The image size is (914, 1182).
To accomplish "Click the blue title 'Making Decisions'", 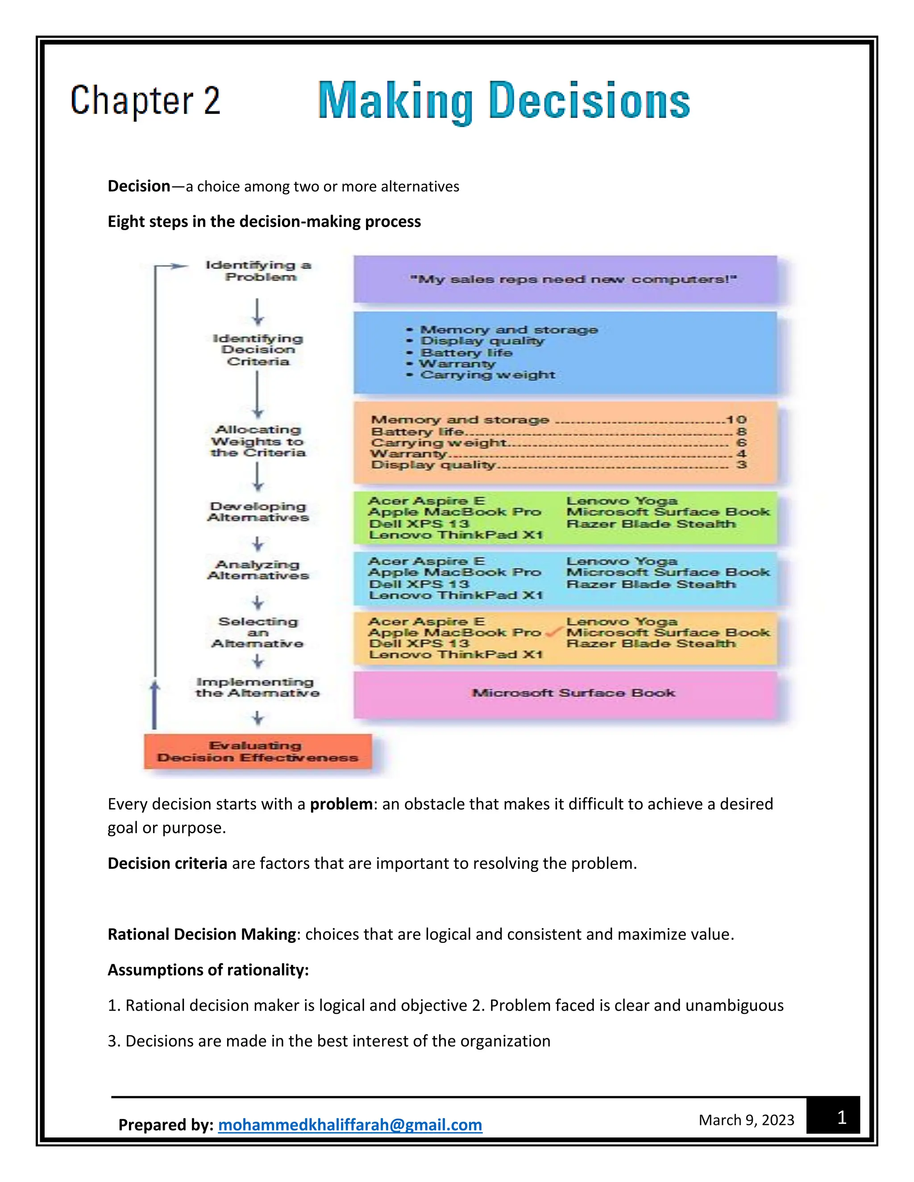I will point(503,102).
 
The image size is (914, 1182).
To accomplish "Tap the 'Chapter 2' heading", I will point(145,101).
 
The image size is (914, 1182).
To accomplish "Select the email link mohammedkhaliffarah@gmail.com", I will point(350,1124).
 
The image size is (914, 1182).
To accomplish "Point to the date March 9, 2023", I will point(746,1119).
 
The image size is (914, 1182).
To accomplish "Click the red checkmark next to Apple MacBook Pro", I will point(553,632).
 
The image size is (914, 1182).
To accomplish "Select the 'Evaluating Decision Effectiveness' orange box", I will point(258,751).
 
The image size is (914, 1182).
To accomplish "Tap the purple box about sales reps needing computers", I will point(565,279).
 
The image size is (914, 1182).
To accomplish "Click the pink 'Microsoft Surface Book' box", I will point(565,693).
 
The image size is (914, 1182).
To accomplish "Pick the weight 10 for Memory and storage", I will point(736,419).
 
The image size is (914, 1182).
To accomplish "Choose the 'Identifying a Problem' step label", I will point(259,271).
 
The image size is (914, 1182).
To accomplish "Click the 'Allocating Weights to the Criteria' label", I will point(258,441).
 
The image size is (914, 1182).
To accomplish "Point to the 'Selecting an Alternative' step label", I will point(258,632).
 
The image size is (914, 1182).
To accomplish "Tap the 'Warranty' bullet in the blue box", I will point(457,364).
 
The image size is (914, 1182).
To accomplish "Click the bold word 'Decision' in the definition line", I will point(139,186).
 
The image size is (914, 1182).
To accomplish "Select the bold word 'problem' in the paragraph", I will point(341,804).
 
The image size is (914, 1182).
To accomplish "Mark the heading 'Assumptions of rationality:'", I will point(208,969).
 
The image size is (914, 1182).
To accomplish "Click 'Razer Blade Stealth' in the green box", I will point(651,524).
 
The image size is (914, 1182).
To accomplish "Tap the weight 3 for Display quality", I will point(741,464).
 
